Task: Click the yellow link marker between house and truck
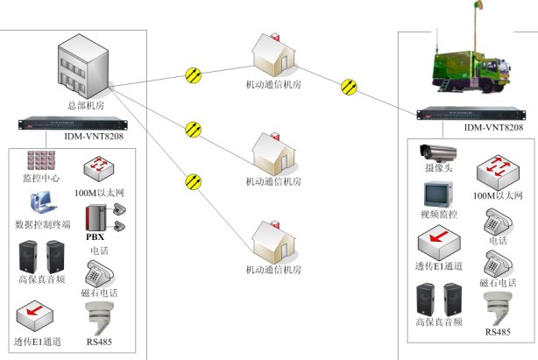[350, 85]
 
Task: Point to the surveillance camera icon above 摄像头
[436, 151]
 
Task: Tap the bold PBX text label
[95, 236]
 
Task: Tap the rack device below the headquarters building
[81, 124]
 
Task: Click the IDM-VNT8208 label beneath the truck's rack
[493, 129]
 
